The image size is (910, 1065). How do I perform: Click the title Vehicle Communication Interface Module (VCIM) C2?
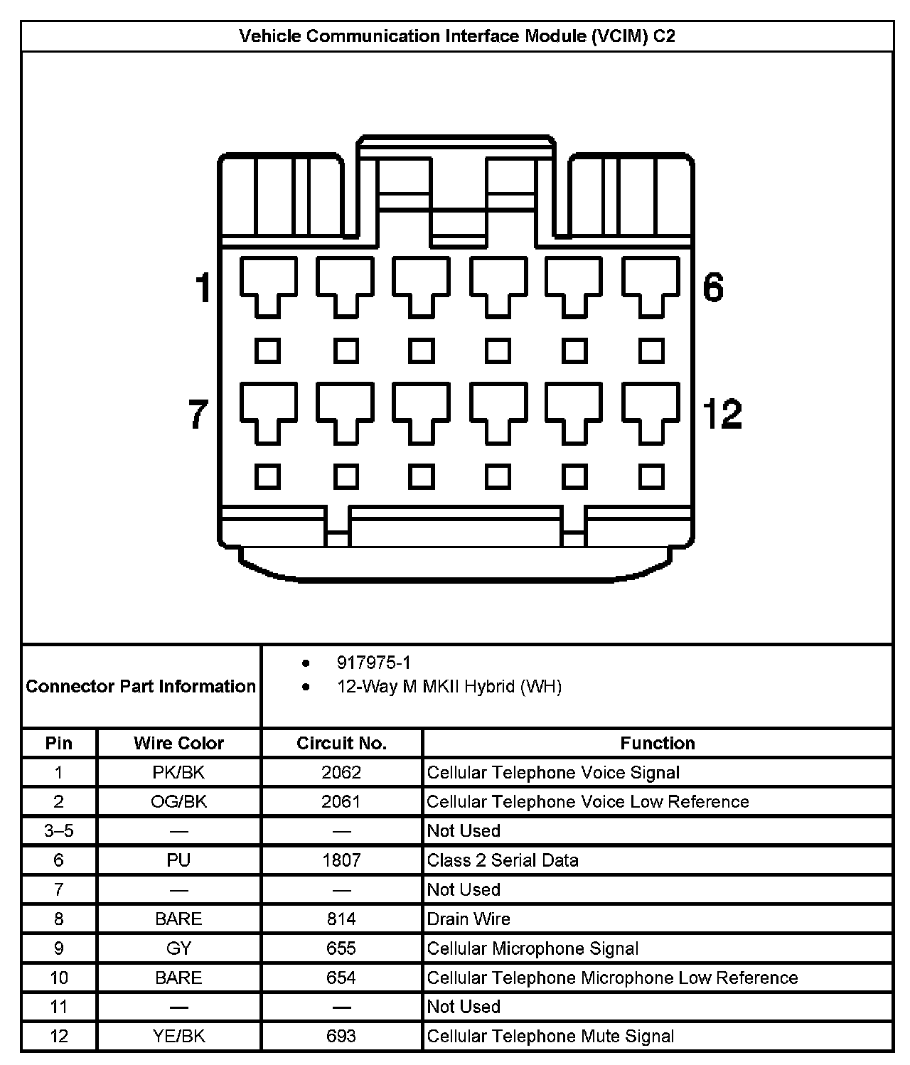click(x=456, y=36)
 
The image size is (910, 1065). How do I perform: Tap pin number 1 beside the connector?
click(x=203, y=288)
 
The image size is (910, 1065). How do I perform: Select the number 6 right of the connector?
click(x=712, y=287)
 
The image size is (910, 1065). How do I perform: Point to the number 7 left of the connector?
click(x=198, y=414)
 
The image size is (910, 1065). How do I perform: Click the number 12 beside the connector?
click(x=722, y=414)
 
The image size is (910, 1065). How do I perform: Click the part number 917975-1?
click(x=373, y=663)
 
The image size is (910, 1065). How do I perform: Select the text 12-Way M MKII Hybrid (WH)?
click(x=449, y=687)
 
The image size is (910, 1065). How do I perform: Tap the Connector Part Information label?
click(x=141, y=686)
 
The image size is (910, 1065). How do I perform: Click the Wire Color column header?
click(x=178, y=743)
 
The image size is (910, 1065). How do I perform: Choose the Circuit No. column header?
click(x=341, y=743)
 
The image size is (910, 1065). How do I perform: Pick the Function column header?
click(x=658, y=743)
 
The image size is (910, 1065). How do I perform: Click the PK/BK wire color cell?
click(x=178, y=772)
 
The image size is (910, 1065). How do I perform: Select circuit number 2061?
click(x=341, y=801)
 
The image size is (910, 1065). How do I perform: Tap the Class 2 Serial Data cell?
click(x=503, y=860)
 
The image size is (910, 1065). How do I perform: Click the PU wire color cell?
click(x=178, y=860)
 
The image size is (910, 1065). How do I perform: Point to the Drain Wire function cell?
click(x=469, y=919)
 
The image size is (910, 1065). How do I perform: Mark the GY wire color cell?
click(x=178, y=948)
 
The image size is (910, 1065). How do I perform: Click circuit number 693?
click(x=341, y=1036)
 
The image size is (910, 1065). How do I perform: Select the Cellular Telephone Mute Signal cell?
click(x=550, y=1036)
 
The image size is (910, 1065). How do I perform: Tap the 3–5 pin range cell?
click(x=59, y=830)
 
